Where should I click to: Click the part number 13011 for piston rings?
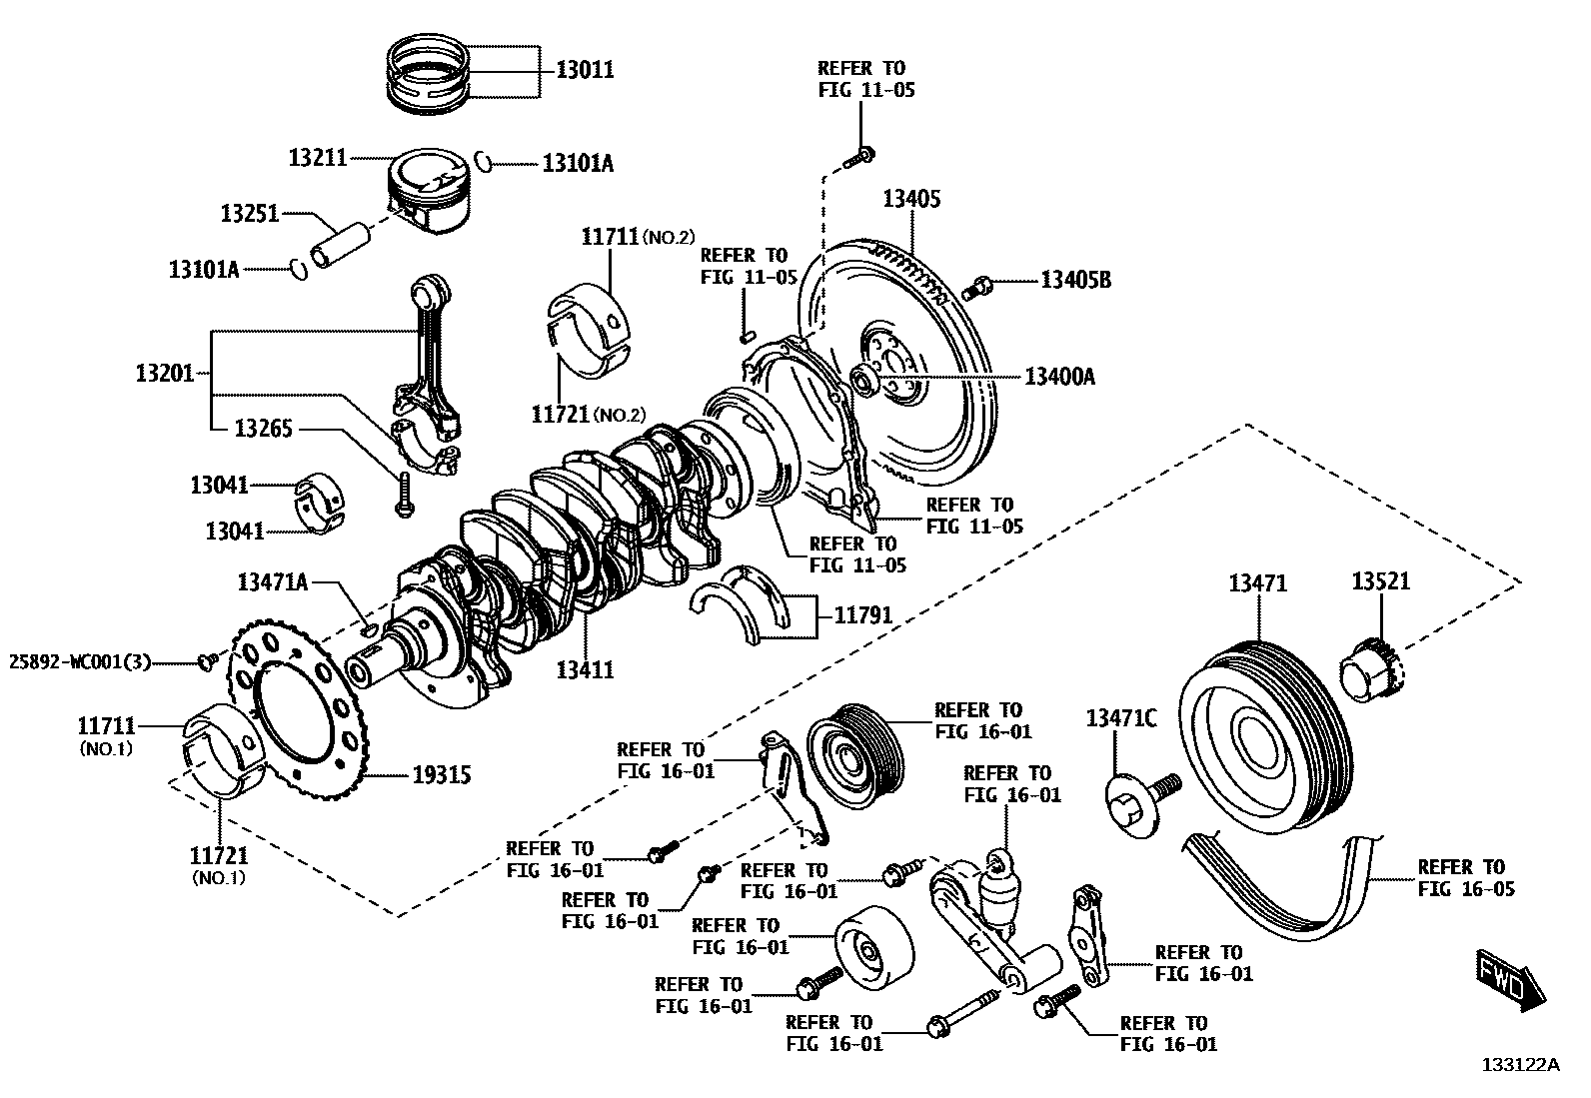pos(585,70)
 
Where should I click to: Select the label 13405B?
pos(1075,281)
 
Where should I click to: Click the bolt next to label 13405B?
pos(976,287)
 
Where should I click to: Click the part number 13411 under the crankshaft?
pos(586,669)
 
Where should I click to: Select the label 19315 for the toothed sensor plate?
pos(442,774)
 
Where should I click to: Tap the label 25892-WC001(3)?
pos(80,661)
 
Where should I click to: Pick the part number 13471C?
pos(1121,718)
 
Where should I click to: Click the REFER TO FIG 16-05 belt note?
pos(1465,877)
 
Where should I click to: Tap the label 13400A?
pos(1059,377)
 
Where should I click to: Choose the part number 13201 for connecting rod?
pos(165,374)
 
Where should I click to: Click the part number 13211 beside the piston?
pos(317,158)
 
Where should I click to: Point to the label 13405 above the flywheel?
pos(910,199)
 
